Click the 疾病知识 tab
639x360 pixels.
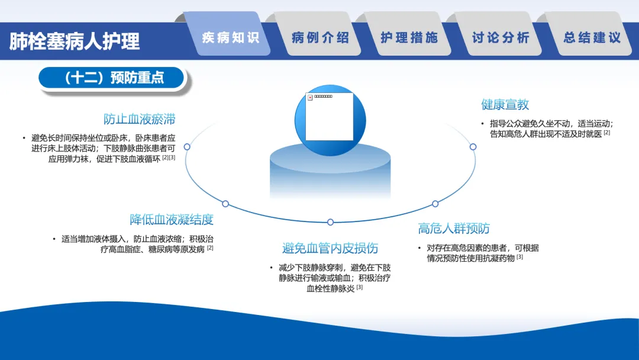(230, 38)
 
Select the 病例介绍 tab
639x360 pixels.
(320, 38)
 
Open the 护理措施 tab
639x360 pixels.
(409, 38)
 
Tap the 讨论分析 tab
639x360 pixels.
(500, 38)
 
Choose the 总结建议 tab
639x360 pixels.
(591, 38)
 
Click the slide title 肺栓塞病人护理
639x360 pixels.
(75, 41)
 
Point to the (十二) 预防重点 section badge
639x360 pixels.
(113, 78)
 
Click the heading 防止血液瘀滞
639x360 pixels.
(140, 119)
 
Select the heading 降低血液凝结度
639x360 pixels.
(172, 220)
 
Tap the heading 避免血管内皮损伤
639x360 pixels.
(330, 248)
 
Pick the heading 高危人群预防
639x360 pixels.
(454, 229)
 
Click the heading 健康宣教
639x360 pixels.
(505, 105)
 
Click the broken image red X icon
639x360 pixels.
(309, 98)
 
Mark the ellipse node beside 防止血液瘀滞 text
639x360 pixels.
(187, 146)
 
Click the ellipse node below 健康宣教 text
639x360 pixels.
(473, 146)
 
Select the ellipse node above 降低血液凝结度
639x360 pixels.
(225, 204)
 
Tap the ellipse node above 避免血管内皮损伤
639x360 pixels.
(330, 222)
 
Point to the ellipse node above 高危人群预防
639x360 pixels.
(435, 204)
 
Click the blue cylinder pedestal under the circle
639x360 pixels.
(330, 172)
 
